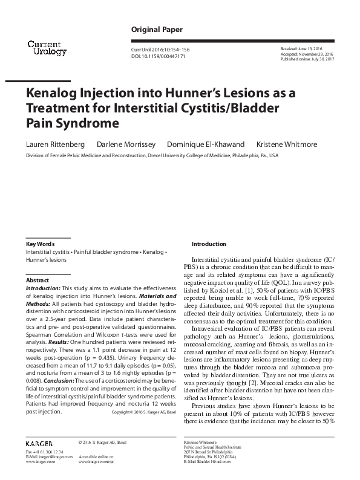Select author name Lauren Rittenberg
pos(52,144)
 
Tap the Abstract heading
pos(36,281)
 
